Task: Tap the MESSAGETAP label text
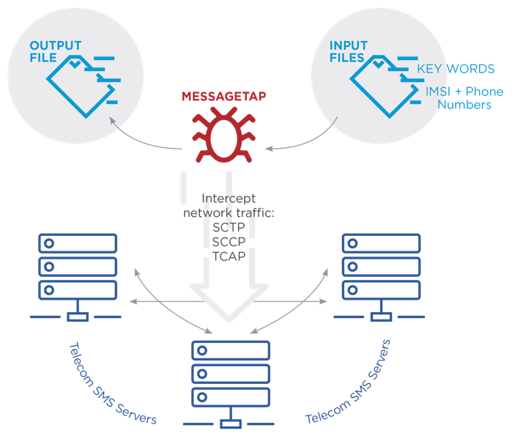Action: click(x=223, y=96)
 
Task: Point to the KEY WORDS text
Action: click(x=456, y=70)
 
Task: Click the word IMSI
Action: click(x=442, y=92)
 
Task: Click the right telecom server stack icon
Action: click(x=380, y=276)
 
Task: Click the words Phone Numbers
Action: click(x=464, y=99)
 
